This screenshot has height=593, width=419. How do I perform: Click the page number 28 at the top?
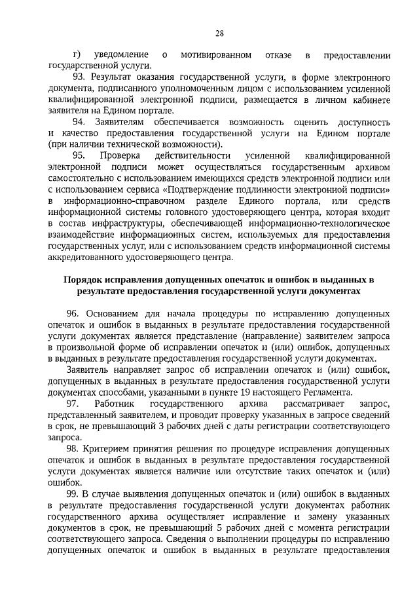point(219,34)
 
